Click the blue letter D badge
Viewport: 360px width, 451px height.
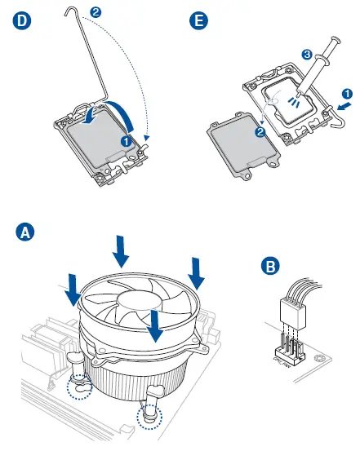22,20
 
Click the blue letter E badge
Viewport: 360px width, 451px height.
198,20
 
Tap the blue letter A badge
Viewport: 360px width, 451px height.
25,232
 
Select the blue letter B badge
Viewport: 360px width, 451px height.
270,266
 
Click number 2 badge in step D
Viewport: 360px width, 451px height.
96,12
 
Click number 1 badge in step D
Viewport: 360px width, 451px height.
126,141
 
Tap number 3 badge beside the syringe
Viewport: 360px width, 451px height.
307,54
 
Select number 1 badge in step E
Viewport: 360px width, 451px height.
347,94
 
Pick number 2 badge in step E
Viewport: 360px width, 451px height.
260,132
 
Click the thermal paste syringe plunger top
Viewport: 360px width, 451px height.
336,40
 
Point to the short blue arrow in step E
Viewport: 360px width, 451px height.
344,106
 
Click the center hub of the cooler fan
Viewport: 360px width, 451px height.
139,302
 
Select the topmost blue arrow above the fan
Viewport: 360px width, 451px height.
120,251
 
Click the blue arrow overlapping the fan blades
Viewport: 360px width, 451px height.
154,326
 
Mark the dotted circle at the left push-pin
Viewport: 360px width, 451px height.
79,387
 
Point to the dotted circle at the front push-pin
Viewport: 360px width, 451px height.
149,416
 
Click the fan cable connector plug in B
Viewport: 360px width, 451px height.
292,314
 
